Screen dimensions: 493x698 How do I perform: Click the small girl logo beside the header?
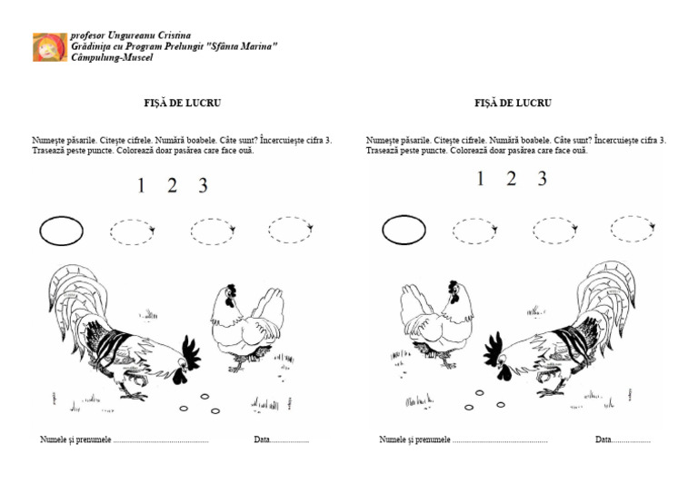(49, 47)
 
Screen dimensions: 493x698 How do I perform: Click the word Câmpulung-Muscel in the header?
(112, 57)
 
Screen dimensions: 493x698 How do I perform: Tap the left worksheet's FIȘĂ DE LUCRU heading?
(182, 104)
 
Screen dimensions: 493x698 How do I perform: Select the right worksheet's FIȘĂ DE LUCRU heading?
(513, 104)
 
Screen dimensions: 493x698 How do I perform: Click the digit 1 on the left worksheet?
(141, 186)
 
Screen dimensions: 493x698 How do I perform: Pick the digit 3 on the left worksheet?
(203, 186)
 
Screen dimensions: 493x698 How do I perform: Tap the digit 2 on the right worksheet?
(512, 179)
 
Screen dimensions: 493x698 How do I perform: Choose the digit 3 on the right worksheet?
(542, 179)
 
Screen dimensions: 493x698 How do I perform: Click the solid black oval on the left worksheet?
(61, 232)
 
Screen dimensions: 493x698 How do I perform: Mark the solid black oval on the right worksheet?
(404, 230)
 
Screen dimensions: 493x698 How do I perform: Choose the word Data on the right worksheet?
(603, 440)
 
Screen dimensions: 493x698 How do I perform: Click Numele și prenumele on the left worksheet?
(75, 440)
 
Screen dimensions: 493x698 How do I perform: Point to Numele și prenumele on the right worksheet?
(414, 440)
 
